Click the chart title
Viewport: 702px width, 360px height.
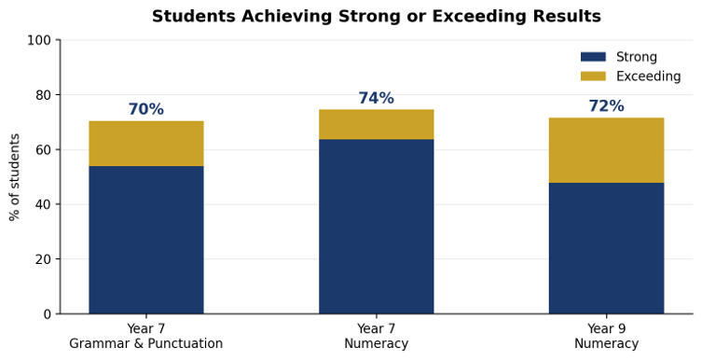pos(376,17)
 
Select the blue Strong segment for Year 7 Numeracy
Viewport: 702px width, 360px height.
pos(376,227)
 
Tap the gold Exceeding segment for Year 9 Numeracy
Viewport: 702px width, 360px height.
pos(606,150)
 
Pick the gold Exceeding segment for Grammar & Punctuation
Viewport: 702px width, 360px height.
pos(146,144)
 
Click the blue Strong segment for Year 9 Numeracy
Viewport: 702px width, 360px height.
pos(606,248)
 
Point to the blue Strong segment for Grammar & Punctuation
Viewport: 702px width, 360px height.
pos(146,240)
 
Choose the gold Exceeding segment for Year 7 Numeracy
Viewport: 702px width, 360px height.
pos(376,124)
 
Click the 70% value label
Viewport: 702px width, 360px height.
pos(146,109)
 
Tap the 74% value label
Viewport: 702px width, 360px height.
pos(376,98)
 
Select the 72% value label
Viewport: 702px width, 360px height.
pos(606,106)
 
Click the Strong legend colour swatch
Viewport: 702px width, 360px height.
pos(593,57)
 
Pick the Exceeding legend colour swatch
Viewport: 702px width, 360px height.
pos(593,76)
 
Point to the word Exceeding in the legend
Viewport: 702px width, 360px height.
pos(648,76)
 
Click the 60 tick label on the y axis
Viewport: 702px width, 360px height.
pos(44,149)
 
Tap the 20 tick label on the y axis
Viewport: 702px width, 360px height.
pos(44,259)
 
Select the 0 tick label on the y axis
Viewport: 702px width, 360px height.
pos(48,314)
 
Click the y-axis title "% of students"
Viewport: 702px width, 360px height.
pos(15,177)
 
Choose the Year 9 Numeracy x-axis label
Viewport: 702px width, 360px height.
pos(606,336)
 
